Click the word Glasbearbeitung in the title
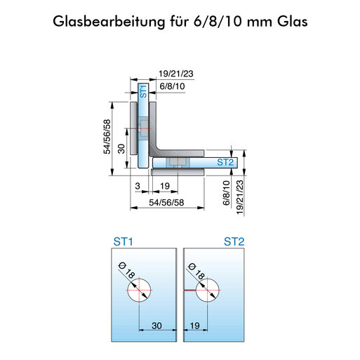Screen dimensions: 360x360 [109, 22]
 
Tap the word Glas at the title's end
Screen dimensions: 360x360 [293, 22]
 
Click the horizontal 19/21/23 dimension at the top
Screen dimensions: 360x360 [176, 74]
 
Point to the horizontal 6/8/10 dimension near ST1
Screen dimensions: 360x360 [172, 86]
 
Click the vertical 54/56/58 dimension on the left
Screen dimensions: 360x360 [107, 137]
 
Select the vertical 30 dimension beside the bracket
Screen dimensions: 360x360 [121, 149]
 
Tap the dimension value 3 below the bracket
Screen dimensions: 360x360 [138, 186]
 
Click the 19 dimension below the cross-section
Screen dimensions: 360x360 [165, 186]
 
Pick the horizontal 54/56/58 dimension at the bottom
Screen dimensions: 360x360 [166, 203]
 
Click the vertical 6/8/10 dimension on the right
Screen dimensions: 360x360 [227, 193]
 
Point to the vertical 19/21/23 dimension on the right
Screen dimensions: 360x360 [240, 197]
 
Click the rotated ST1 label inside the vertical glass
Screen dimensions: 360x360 [143, 91]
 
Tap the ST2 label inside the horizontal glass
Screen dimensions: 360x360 [225, 162]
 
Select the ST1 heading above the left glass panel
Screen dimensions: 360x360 [123, 241]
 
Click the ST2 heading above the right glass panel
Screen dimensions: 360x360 [234, 241]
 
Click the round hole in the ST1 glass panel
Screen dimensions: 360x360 [139, 290]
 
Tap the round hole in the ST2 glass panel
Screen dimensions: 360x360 [208, 290]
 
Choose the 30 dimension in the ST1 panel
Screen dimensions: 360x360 [156, 326]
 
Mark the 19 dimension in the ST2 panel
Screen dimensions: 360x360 [194, 326]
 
